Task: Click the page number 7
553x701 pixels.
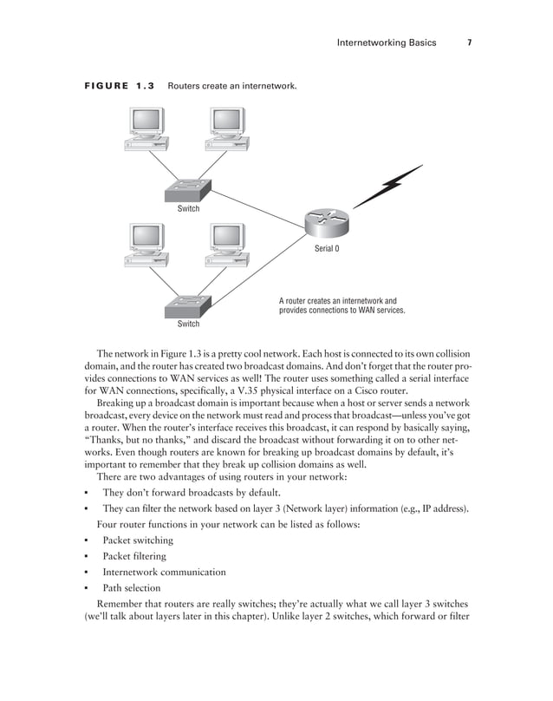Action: click(x=469, y=43)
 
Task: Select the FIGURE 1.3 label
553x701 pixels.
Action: click(x=119, y=87)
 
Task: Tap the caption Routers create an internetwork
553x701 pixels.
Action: click(x=232, y=87)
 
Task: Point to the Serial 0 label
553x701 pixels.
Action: click(x=326, y=249)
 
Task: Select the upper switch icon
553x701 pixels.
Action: click(x=188, y=192)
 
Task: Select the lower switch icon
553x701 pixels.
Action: click(x=188, y=306)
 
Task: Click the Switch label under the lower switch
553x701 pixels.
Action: click(x=188, y=324)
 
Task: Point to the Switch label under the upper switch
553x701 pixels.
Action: click(x=188, y=209)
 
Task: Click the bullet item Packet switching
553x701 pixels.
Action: click(x=138, y=540)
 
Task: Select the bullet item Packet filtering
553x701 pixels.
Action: click(x=134, y=556)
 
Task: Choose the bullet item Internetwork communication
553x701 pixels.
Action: click(x=164, y=572)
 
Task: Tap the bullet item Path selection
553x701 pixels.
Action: click(x=131, y=587)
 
